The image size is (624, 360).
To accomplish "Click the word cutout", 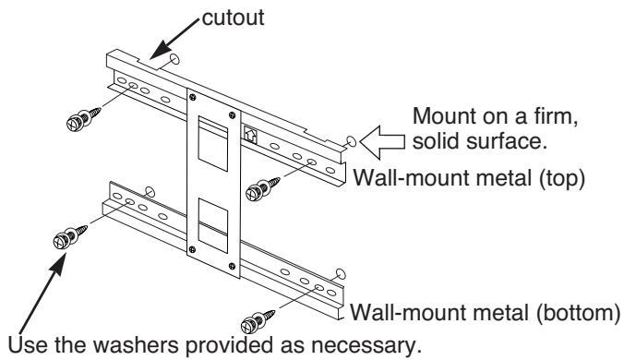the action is pos(233,18).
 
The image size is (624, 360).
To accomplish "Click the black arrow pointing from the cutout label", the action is pos(174,39).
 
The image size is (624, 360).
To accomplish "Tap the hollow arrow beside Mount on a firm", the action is pos(382,142).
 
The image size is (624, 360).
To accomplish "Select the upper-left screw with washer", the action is pos(83,118).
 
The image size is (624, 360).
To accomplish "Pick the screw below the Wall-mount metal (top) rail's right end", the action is pos(263,188).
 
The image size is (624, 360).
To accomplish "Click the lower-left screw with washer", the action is pos(69,236).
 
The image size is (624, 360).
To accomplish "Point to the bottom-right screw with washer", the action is pos(258,322).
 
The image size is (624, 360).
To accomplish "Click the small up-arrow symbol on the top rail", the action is pos(250,134).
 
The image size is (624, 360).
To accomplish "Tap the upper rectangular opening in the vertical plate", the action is pos(213,143).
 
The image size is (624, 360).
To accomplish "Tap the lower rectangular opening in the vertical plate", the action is pos(213,225).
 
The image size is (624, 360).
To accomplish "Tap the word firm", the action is pos(553,116).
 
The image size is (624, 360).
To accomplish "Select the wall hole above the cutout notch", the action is pos(174,60).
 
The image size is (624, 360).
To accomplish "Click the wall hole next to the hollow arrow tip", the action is pos(352,141).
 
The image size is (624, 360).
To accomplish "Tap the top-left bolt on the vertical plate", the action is pos(193,97).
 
